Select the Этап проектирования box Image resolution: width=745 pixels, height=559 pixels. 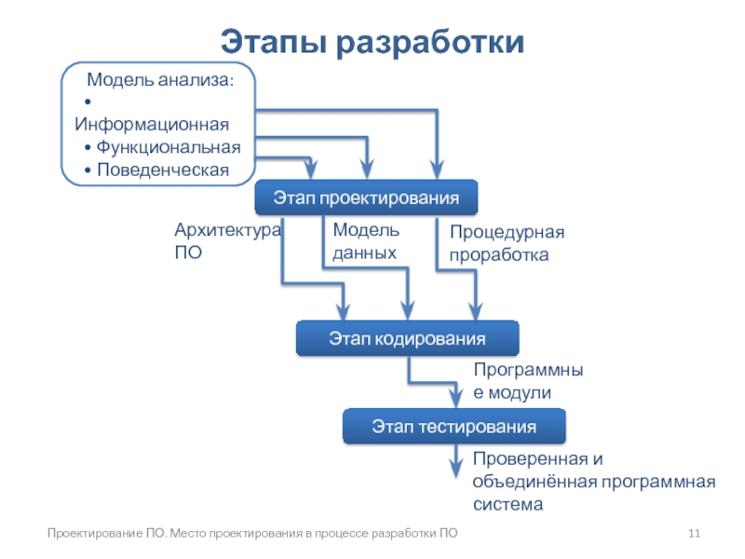pyautogui.click(x=366, y=198)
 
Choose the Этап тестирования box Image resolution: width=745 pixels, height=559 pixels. pyautogui.click(x=454, y=428)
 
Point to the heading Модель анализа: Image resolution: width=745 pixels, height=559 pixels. pyautogui.click(x=160, y=81)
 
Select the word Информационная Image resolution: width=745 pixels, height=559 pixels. pyautogui.click(x=152, y=124)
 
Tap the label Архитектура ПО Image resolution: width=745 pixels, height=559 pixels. pyautogui.click(x=227, y=240)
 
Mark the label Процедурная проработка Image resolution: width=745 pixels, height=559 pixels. pyautogui.click(x=507, y=242)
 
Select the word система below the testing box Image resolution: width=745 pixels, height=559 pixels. pyautogui.click(x=507, y=504)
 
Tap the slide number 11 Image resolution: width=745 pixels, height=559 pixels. pyautogui.click(x=694, y=534)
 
